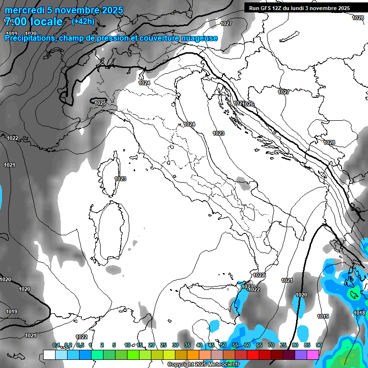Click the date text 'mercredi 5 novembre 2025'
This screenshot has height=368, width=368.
pyautogui.click(x=64, y=10)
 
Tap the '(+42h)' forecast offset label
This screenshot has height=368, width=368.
pyautogui.click(x=83, y=21)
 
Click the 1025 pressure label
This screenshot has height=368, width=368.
pyautogui.click(x=100, y=103)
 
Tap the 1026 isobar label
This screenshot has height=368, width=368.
pyautogui.click(x=248, y=104)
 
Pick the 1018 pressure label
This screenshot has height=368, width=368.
pyautogui.click(x=359, y=313)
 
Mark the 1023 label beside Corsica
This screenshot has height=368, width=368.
pyautogui.click(x=120, y=179)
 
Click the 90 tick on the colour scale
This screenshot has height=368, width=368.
pyautogui.click(x=319, y=345)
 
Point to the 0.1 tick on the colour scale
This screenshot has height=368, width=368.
pyautogui.click(x=56, y=345)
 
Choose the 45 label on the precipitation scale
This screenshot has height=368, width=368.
pyautogui.click(x=211, y=345)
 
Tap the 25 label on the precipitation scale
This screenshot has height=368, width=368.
pyautogui.click(x=163, y=345)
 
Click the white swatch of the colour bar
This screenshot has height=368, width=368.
pyautogui.click(x=49, y=355)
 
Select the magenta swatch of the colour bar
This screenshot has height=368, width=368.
pyautogui.click(x=313, y=355)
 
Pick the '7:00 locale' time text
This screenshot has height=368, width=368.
pyautogui.click(x=34, y=22)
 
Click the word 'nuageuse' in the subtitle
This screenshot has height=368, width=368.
pyautogui.click(x=199, y=38)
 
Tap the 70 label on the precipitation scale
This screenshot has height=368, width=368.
pyautogui.click(x=271, y=345)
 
